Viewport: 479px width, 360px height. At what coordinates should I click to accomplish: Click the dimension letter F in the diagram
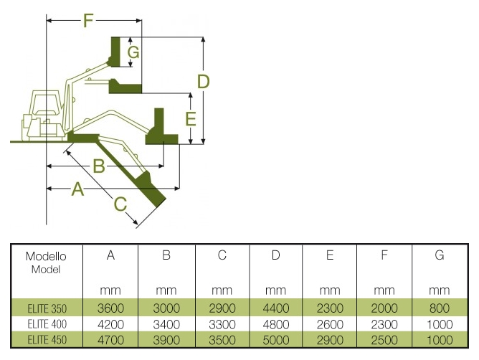[x=88, y=20]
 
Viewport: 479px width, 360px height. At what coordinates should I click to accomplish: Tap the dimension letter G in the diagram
[x=133, y=52]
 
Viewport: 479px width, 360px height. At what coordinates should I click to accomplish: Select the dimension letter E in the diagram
[x=190, y=118]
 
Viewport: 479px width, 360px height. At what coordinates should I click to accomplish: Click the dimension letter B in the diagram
[x=100, y=166]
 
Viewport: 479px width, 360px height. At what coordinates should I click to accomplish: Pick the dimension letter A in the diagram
[x=78, y=189]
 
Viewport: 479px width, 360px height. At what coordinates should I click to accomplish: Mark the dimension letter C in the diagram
[x=120, y=204]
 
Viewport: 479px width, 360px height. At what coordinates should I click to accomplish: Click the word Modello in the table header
[x=46, y=256]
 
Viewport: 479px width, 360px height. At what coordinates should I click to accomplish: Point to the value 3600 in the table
[x=111, y=308]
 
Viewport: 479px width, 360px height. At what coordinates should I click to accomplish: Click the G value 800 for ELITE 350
[x=439, y=308]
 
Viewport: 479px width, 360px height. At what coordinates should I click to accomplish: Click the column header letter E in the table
[x=330, y=256]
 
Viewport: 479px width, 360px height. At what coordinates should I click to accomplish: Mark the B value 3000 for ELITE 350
[x=166, y=308]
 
